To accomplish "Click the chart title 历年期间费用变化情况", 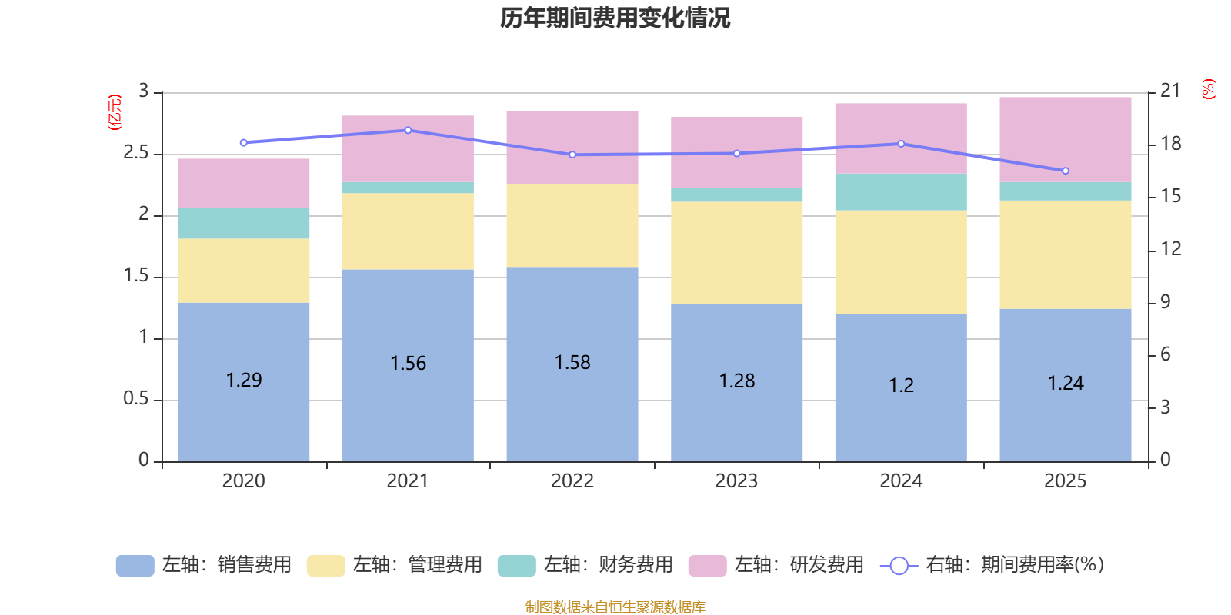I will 615,18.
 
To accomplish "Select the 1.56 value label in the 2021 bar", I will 408,364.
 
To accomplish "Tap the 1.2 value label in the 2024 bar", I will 901,385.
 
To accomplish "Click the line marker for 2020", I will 244,143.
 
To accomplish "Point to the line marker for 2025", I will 1066,171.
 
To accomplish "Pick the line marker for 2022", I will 572,155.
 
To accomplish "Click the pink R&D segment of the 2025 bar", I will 1066,139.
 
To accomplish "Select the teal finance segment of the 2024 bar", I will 901,192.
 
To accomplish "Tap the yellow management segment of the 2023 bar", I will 737,253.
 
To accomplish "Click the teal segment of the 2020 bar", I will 244,223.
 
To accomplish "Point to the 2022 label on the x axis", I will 572,481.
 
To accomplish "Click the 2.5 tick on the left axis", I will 136,153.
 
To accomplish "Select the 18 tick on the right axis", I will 1170,144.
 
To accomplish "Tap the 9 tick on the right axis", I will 1165,302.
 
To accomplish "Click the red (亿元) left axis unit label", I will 115,112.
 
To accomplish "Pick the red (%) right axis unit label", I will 1208,89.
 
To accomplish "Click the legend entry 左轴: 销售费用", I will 204,565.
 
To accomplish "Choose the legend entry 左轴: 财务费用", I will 585,565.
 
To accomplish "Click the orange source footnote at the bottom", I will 615,607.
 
